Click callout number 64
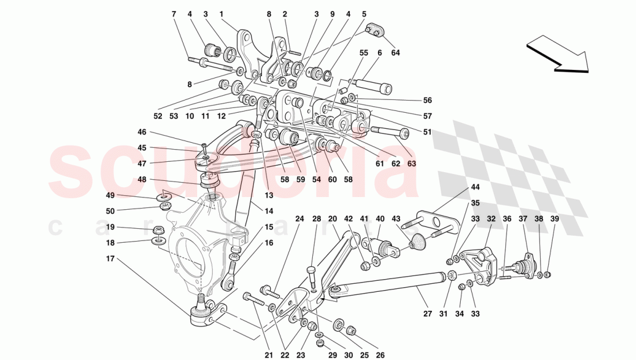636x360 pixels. pyautogui.click(x=395, y=53)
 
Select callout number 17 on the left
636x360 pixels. pyautogui.click(x=110, y=258)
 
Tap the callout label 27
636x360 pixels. pyautogui.click(x=427, y=314)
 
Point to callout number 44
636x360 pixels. pyautogui.click(x=475, y=187)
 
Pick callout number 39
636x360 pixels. pyautogui.click(x=554, y=219)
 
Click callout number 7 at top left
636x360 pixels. pyautogui.click(x=173, y=13)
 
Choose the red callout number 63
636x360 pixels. pyautogui.click(x=412, y=164)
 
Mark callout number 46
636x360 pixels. pyautogui.click(x=142, y=132)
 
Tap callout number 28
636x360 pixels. pyautogui.click(x=316, y=219)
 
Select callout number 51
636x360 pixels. pyautogui.click(x=427, y=132)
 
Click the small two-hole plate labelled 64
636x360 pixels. pyautogui.click(x=375, y=30)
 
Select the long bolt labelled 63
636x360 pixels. pyautogui.click(x=391, y=132)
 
